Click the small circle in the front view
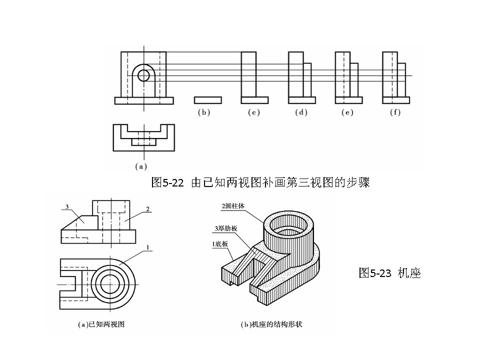pos(143,75)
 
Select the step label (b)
pos(203,112)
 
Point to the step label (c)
pos(254,112)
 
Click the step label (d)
pos(300,112)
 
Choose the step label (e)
pos(347,112)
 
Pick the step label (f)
pos(395,112)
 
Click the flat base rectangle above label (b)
pos(207,100)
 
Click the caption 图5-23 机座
pos(389,273)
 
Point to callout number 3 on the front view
pos(66,206)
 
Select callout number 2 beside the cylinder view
pos(148,208)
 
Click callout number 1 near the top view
pos(148,247)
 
